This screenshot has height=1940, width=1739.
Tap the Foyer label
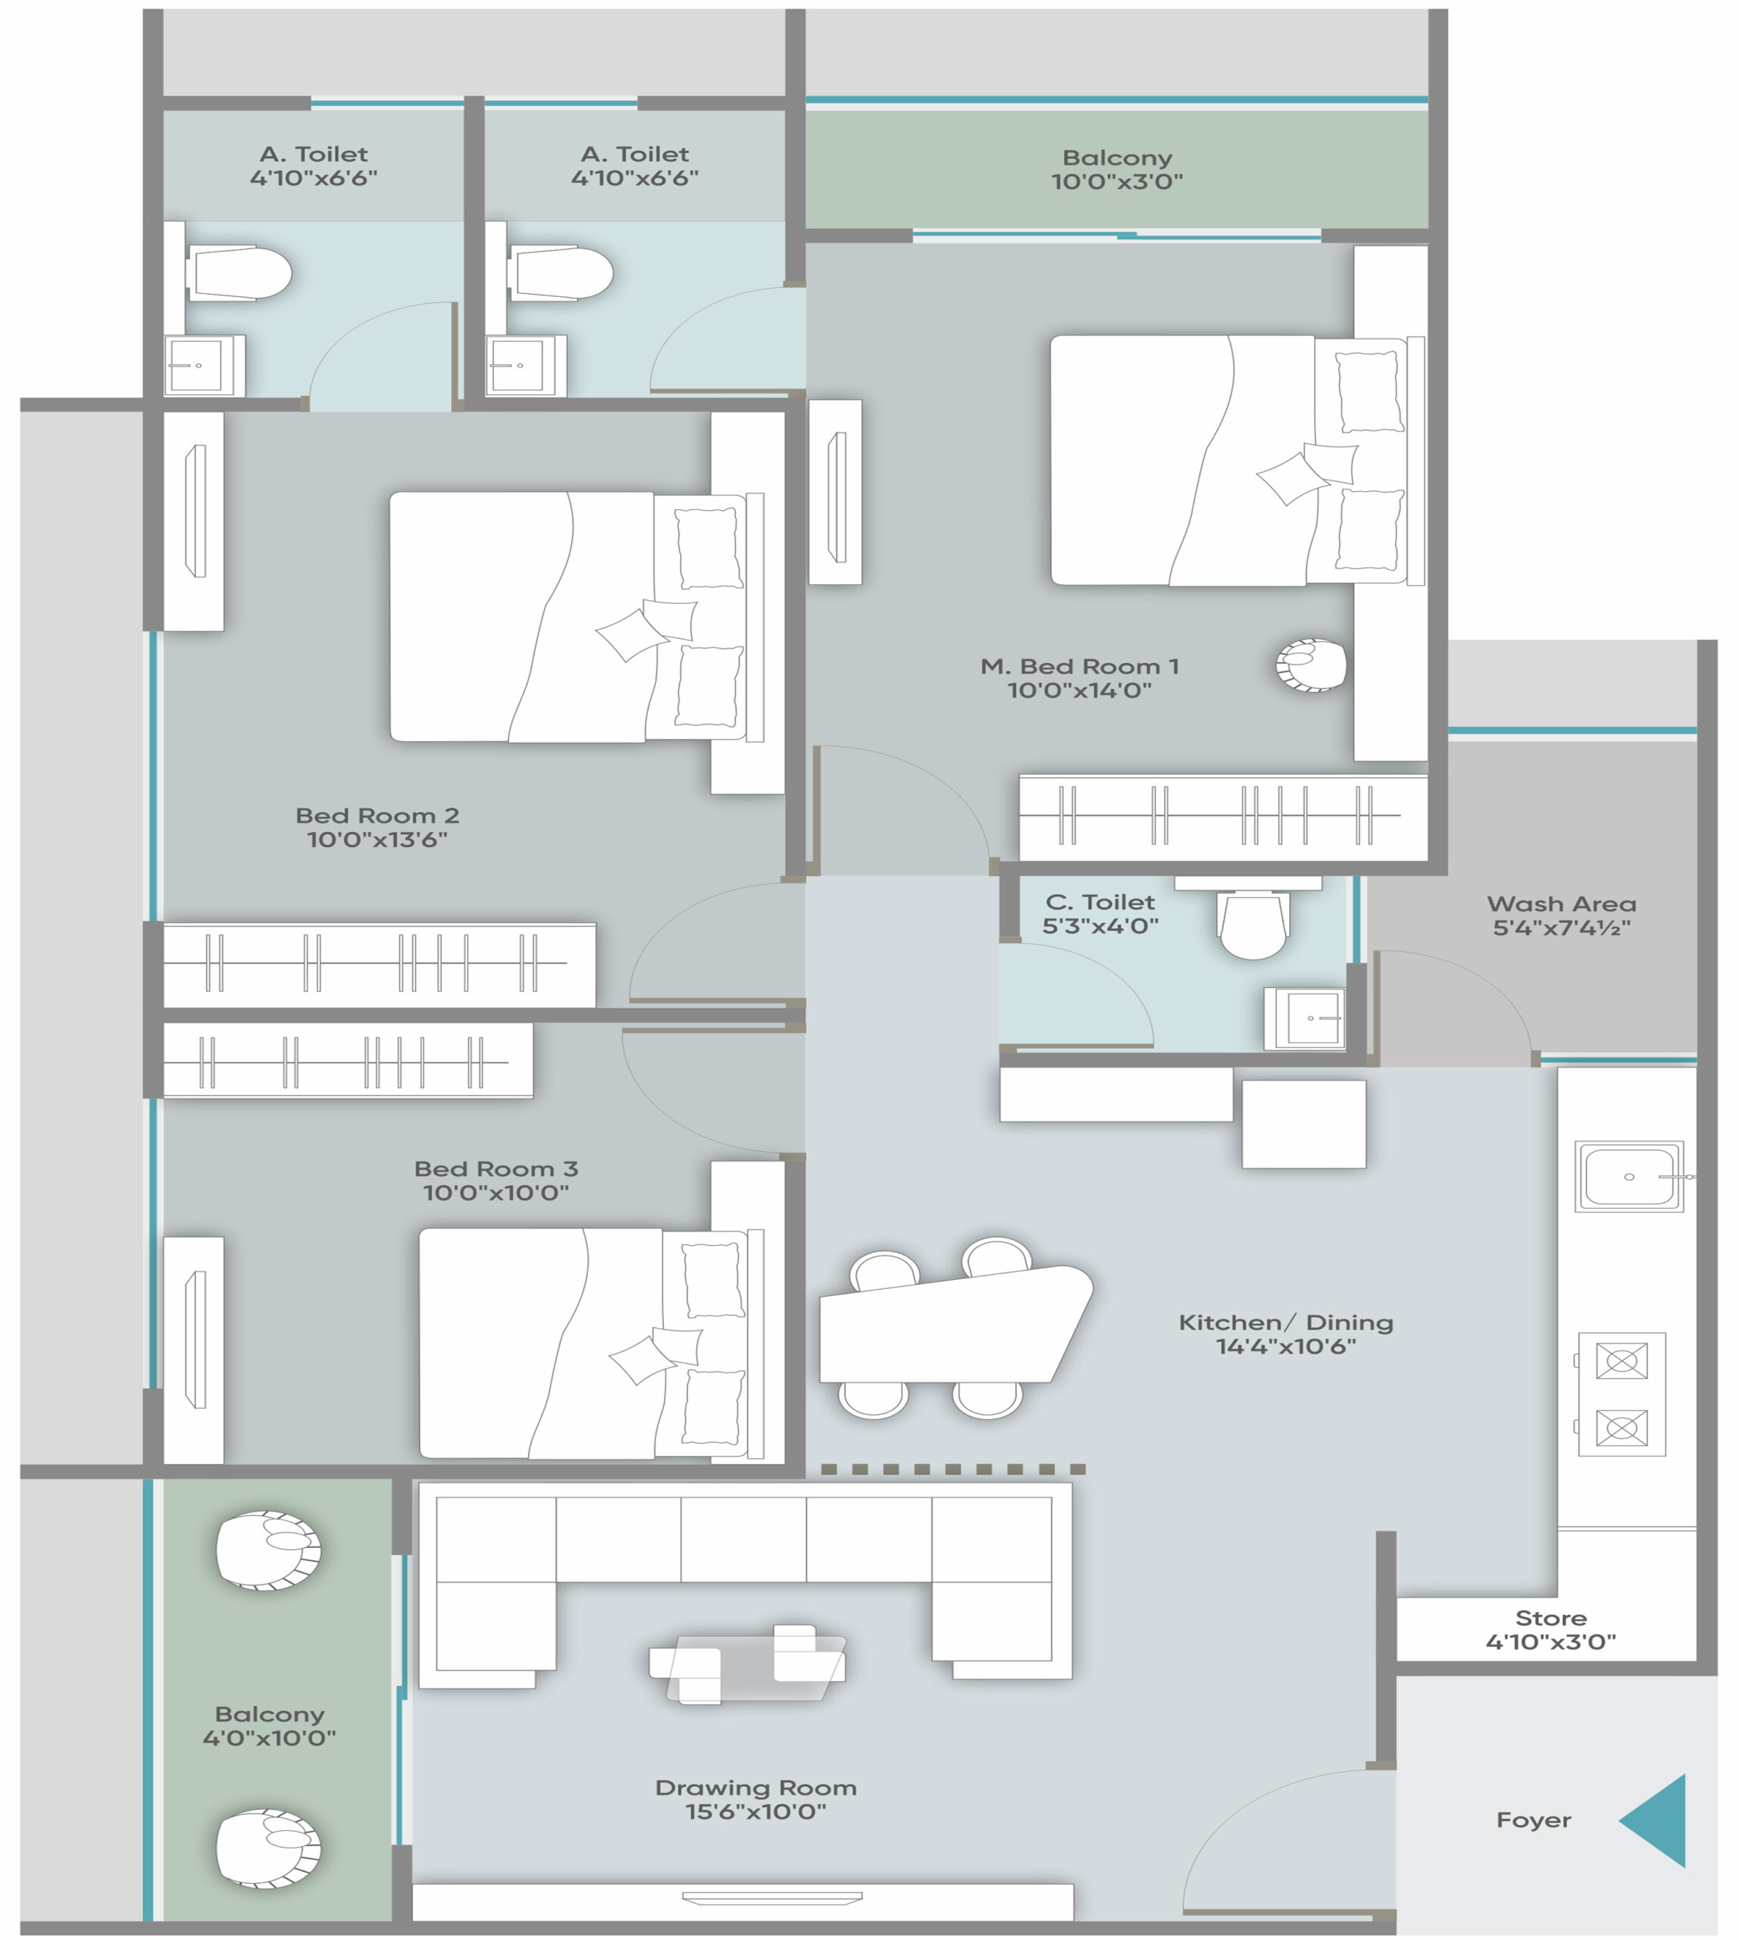tap(1534, 1820)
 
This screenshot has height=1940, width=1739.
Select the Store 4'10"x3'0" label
tap(1551, 1630)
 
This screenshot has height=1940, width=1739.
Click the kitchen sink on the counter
tap(1629, 1176)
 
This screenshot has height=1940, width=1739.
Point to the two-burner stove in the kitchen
tap(1622, 1394)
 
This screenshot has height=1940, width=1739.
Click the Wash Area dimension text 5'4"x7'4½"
tap(1561, 927)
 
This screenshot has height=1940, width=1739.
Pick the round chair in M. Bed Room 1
tap(1311, 665)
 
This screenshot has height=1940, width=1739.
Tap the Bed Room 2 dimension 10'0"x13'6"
tap(377, 839)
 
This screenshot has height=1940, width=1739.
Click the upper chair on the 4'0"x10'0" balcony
tap(268, 1550)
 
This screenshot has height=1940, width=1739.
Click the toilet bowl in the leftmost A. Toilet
tap(239, 274)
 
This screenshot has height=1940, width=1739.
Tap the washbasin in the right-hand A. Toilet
tap(526, 365)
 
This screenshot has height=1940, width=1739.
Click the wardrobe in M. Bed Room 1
tap(1223, 817)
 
